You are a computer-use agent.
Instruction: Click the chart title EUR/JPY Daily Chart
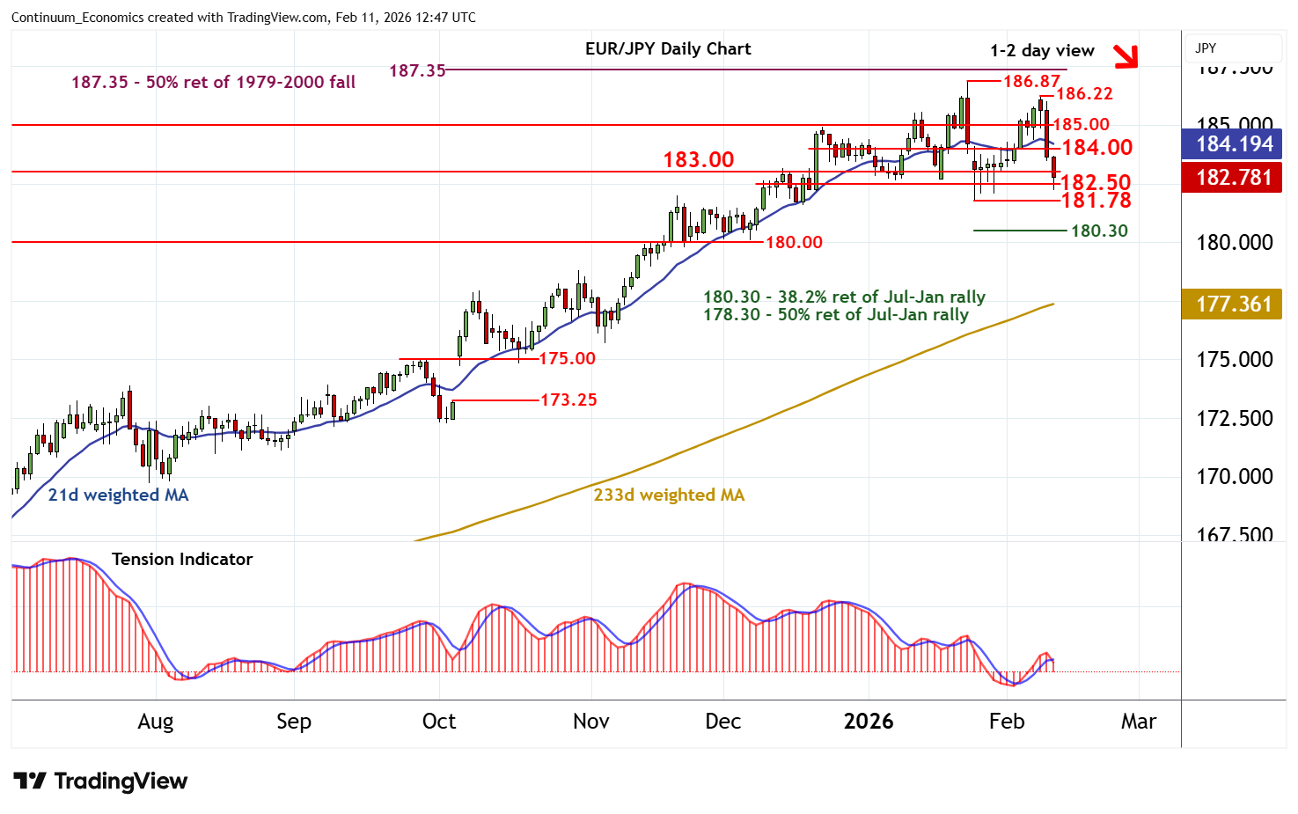click(668, 49)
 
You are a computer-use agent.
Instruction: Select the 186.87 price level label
click(1031, 82)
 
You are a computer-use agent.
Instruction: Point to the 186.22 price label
click(1084, 93)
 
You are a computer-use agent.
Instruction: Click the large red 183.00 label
click(698, 159)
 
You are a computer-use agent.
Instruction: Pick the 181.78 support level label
click(1096, 201)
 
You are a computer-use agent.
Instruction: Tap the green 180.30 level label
click(1099, 231)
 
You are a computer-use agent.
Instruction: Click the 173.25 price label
click(568, 400)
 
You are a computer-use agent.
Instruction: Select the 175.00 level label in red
click(567, 358)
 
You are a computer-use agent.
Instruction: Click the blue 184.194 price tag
click(1234, 144)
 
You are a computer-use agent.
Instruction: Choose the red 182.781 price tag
click(1234, 177)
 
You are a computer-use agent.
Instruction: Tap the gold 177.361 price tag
click(1234, 304)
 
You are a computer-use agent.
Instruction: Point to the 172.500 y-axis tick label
click(1234, 418)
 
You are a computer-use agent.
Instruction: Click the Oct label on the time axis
click(439, 722)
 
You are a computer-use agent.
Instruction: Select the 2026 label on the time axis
click(868, 722)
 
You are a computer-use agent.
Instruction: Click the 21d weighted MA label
click(118, 495)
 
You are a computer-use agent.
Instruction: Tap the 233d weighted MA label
click(669, 495)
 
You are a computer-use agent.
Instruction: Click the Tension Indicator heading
click(182, 559)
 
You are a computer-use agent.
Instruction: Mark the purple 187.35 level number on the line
click(417, 70)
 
